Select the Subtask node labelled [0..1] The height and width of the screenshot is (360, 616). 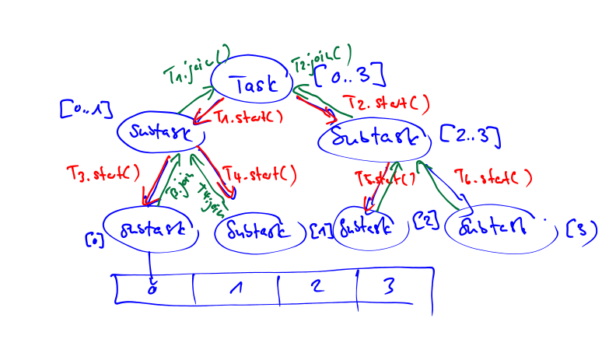tap(161, 131)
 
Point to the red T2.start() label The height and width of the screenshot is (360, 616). tap(388, 103)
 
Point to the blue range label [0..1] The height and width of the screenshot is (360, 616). tap(86, 109)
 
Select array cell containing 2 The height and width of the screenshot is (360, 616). tap(316, 287)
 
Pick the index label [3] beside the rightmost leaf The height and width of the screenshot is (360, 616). tap(582, 229)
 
